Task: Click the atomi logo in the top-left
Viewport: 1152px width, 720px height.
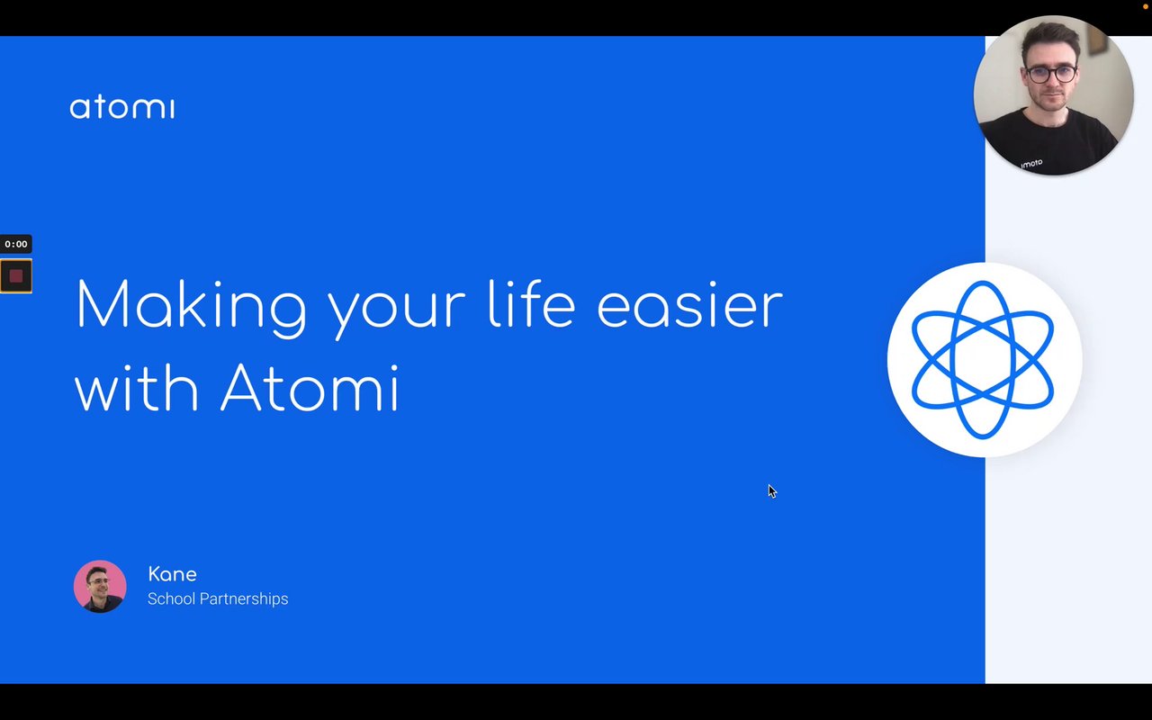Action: pos(121,107)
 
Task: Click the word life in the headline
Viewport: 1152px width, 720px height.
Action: pos(531,303)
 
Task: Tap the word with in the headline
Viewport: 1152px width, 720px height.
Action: pos(136,387)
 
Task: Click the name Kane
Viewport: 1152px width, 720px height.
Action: pos(172,574)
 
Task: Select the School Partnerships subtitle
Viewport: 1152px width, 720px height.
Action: pos(218,598)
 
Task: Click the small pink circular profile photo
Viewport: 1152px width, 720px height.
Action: pos(100,586)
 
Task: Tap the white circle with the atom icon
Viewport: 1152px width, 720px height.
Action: pos(985,359)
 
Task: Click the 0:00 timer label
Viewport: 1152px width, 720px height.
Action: pos(16,244)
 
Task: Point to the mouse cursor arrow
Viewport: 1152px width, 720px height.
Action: pos(772,491)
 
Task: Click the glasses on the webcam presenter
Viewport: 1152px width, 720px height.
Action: pos(1050,74)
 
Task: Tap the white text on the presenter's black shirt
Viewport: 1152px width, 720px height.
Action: pos(1031,164)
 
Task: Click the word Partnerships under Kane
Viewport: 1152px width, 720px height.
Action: pos(244,598)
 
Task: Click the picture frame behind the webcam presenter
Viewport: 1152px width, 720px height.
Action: pos(1097,39)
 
